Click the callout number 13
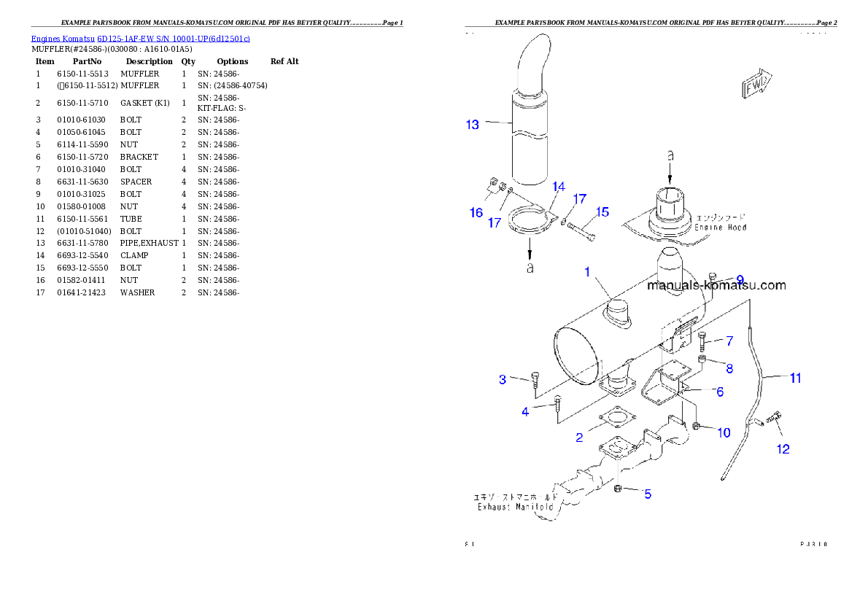click(473, 125)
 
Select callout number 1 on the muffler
click(586, 272)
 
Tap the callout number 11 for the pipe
click(795, 378)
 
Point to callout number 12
click(783, 449)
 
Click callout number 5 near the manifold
click(647, 494)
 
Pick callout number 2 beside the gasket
click(579, 438)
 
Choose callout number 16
click(476, 212)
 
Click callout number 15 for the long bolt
click(602, 211)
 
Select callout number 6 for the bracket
click(719, 392)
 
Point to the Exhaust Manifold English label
click(516, 506)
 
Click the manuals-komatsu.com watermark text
click(717, 285)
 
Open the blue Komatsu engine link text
click(140, 38)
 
